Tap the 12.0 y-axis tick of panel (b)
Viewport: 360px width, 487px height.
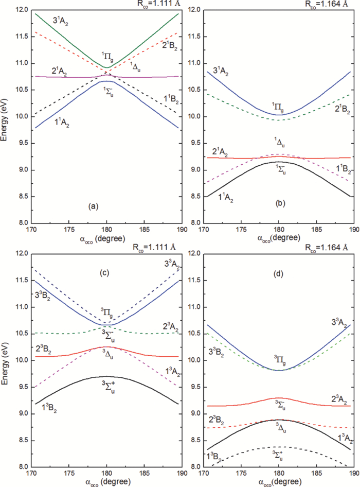coord(194,10)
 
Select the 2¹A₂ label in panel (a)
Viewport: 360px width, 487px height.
coord(46,71)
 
